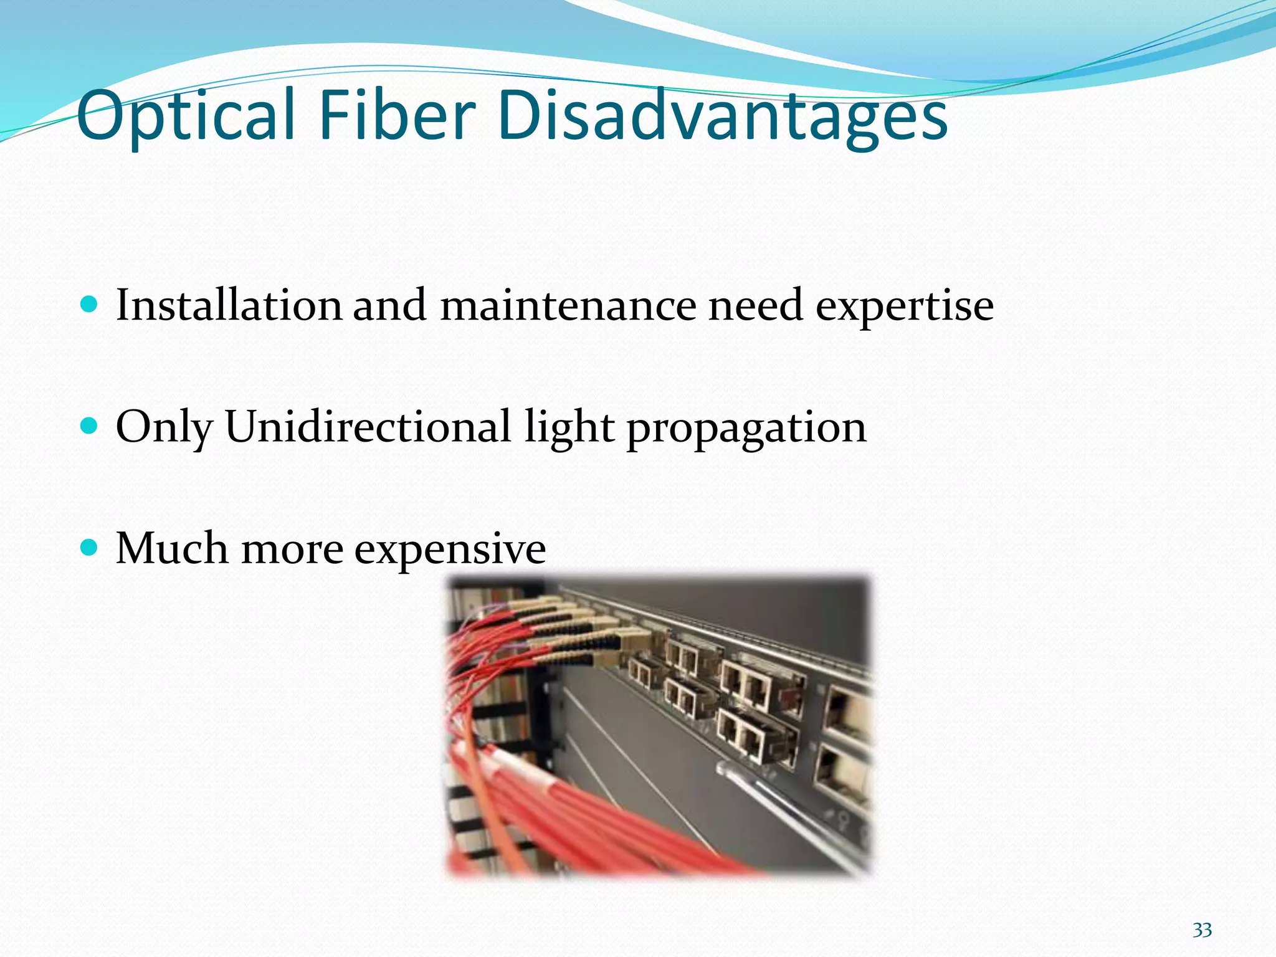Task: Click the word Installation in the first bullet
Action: (229, 305)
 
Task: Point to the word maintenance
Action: (568, 305)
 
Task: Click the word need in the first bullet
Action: (756, 305)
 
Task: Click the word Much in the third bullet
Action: (172, 548)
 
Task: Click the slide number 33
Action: (1202, 930)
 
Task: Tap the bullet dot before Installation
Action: (90, 305)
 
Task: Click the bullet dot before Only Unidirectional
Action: (90, 426)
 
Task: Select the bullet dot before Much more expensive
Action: (90, 548)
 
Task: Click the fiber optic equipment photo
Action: (659, 726)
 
